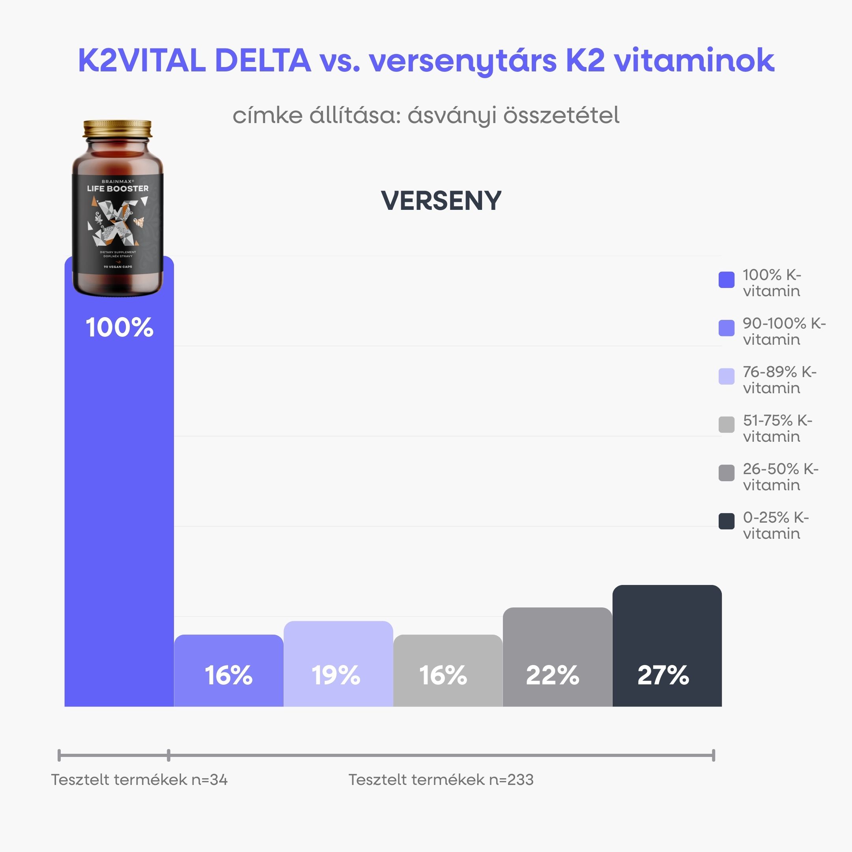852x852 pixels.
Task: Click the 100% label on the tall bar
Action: [120, 327]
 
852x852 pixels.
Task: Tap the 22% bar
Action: [557, 657]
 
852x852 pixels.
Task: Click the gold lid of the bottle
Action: [117, 128]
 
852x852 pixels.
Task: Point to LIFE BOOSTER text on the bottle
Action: [118, 188]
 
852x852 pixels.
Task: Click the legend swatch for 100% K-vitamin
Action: [726, 280]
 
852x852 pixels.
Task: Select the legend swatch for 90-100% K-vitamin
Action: [726, 328]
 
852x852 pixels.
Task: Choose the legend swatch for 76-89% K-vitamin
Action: [726, 376]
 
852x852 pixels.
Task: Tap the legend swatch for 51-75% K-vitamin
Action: [726, 425]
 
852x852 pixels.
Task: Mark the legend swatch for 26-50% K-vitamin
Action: [726, 473]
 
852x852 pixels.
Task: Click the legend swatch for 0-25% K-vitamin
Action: [726, 521]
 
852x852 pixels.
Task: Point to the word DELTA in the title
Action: [263, 60]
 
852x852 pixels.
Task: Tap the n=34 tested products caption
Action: [139, 780]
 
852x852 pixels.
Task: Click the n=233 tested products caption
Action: [441, 780]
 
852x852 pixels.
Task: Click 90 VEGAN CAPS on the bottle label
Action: [118, 267]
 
